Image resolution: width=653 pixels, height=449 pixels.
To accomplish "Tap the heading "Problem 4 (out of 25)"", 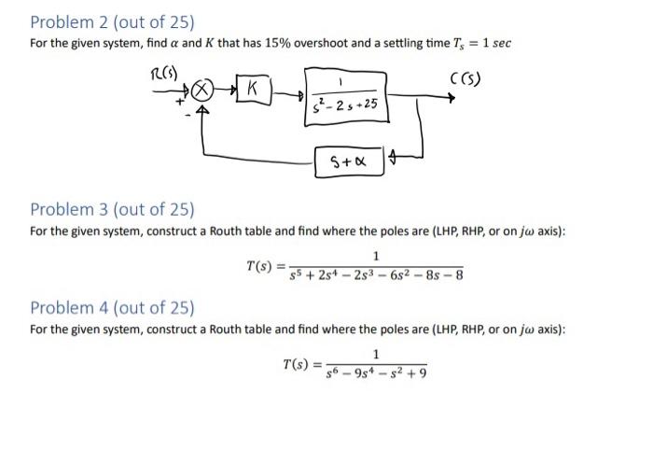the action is (x=112, y=308).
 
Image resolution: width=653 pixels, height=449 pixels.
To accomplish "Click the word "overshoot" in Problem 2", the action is (x=347, y=44).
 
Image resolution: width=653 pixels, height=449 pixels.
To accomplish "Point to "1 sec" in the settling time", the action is (x=494, y=44).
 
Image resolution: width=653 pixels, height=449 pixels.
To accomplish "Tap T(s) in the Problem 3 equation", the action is (x=260, y=266).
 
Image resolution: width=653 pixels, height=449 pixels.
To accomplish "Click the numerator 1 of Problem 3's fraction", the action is (x=375, y=257).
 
